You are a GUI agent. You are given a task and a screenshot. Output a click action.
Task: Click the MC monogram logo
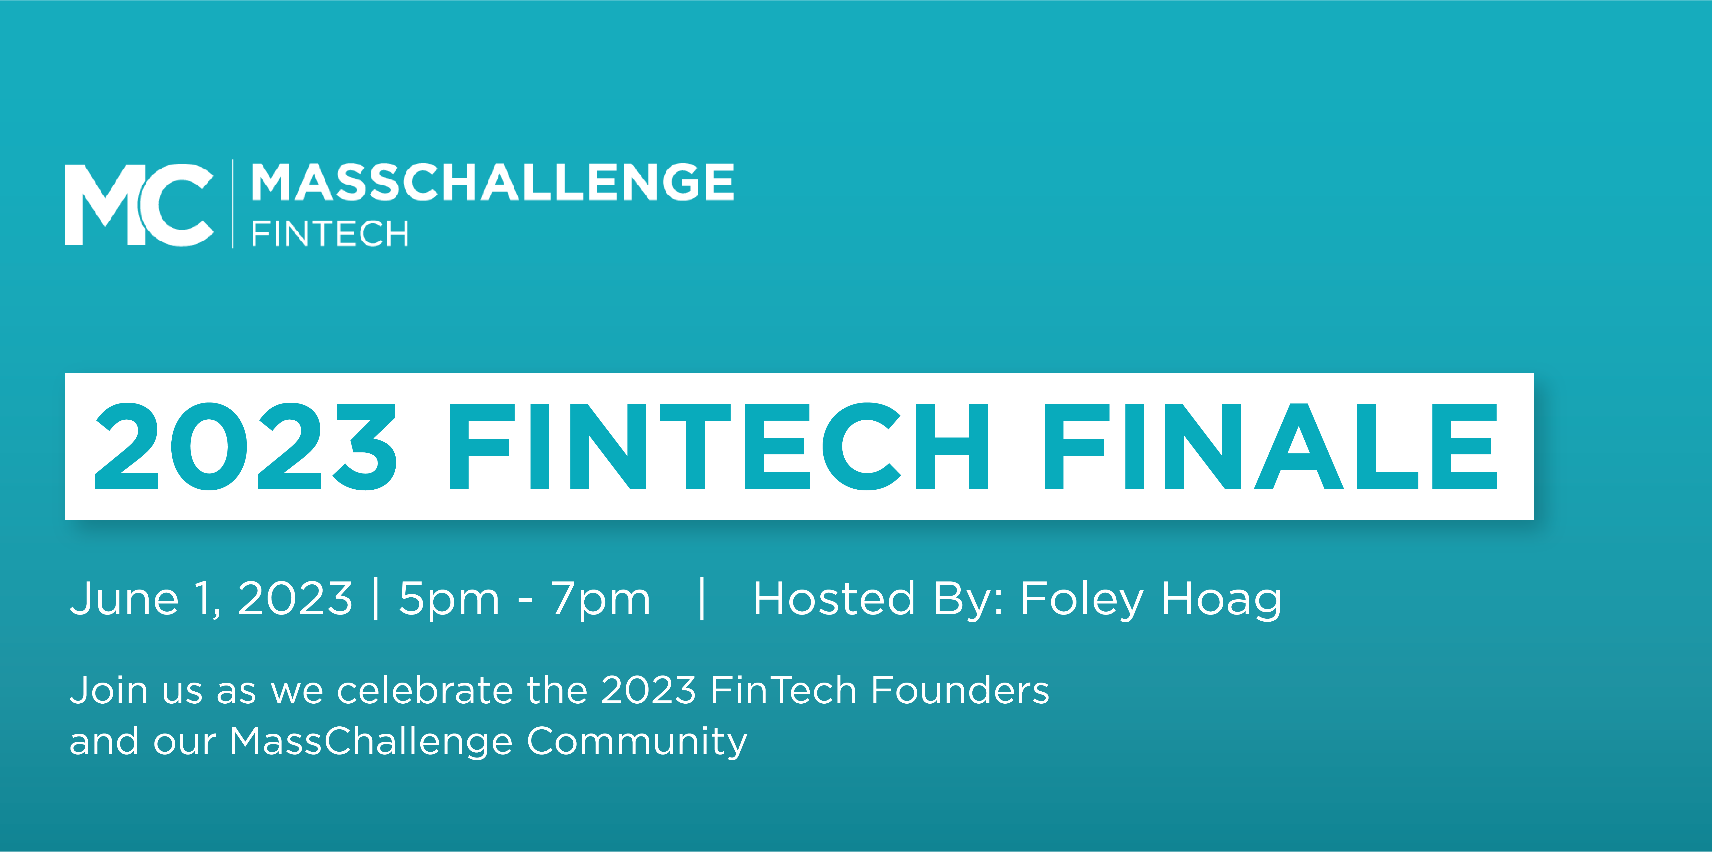[140, 205]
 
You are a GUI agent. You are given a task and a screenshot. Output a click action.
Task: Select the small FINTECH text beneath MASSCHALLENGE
[330, 234]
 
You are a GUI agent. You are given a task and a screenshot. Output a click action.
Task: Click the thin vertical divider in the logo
[232, 204]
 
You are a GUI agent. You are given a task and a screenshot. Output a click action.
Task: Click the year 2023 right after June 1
[295, 598]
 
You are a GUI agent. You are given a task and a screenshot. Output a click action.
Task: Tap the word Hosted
[835, 598]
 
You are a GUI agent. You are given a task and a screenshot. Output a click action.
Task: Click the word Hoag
[1222, 600]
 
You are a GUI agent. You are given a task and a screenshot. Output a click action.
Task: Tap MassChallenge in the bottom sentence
[371, 742]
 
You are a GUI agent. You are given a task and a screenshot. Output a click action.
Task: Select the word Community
[637, 742]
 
